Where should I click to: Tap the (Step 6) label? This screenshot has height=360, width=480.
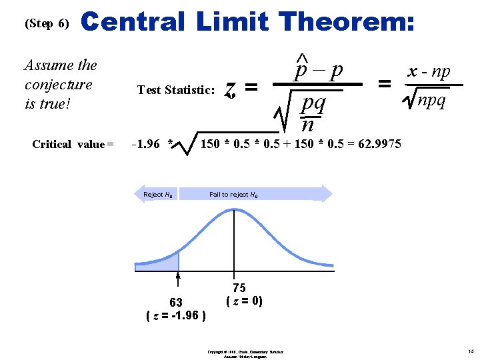pyautogui.click(x=47, y=23)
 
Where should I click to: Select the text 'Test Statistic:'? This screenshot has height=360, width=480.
pyautogui.click(x=176, y=90)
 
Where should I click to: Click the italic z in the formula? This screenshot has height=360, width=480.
pyautogui.click(x=230, y=88)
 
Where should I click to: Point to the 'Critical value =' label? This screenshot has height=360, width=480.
pyautogui.click(x=73, y=144)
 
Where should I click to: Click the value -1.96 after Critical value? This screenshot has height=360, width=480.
pyautogui.click(x=148, y=143)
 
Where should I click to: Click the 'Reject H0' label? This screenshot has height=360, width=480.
pyautogui.click(x=159, y=195)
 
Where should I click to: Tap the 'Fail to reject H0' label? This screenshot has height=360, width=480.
pyautogui.click(x=233, y=195)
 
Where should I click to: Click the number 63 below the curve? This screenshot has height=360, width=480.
pyautogui.click(x=176, y=303)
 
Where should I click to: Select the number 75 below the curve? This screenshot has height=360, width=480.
pyautogui.click(x=239, y=288)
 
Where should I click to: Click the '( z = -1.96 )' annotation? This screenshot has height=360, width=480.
pyautogui.click(x=176, y=315)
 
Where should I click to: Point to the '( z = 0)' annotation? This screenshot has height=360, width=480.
pyautogui.click(x=245, y=301)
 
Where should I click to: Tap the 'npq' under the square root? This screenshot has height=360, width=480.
pyautogui.click(x=431, y=101)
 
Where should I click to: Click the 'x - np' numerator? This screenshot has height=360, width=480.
pyautogui.click(x=429, y=71)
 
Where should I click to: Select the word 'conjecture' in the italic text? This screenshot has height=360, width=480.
pyautogui.click(x=58, y=85)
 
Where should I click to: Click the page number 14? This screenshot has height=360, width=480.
pyautogui.click(x=469, y=351)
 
